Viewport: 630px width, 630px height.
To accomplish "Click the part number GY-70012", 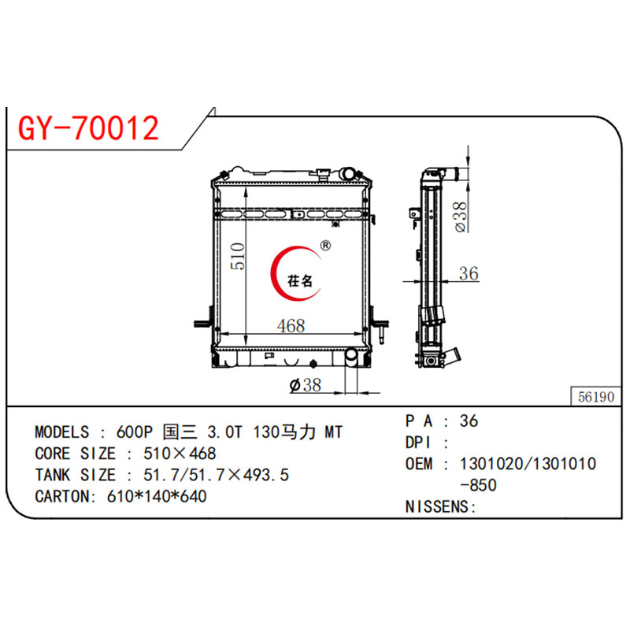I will pos(88,128).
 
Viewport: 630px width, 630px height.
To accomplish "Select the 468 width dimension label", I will pos(291,325).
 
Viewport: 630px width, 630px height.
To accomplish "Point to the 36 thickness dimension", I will pos(469,273).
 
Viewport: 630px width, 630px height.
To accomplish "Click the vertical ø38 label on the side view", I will pos(462,214).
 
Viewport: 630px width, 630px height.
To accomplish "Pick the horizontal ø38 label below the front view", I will pos(306,385).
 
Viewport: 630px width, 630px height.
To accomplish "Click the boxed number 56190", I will pos(595,398).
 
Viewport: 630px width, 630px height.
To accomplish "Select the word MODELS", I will pos(62,433).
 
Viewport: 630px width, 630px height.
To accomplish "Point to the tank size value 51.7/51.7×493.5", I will pos(214,476).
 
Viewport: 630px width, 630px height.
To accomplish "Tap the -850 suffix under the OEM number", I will pos(482,486).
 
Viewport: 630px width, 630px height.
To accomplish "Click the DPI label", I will pos(420,443).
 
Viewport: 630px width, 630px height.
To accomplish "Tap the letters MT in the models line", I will pos(334,433).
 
